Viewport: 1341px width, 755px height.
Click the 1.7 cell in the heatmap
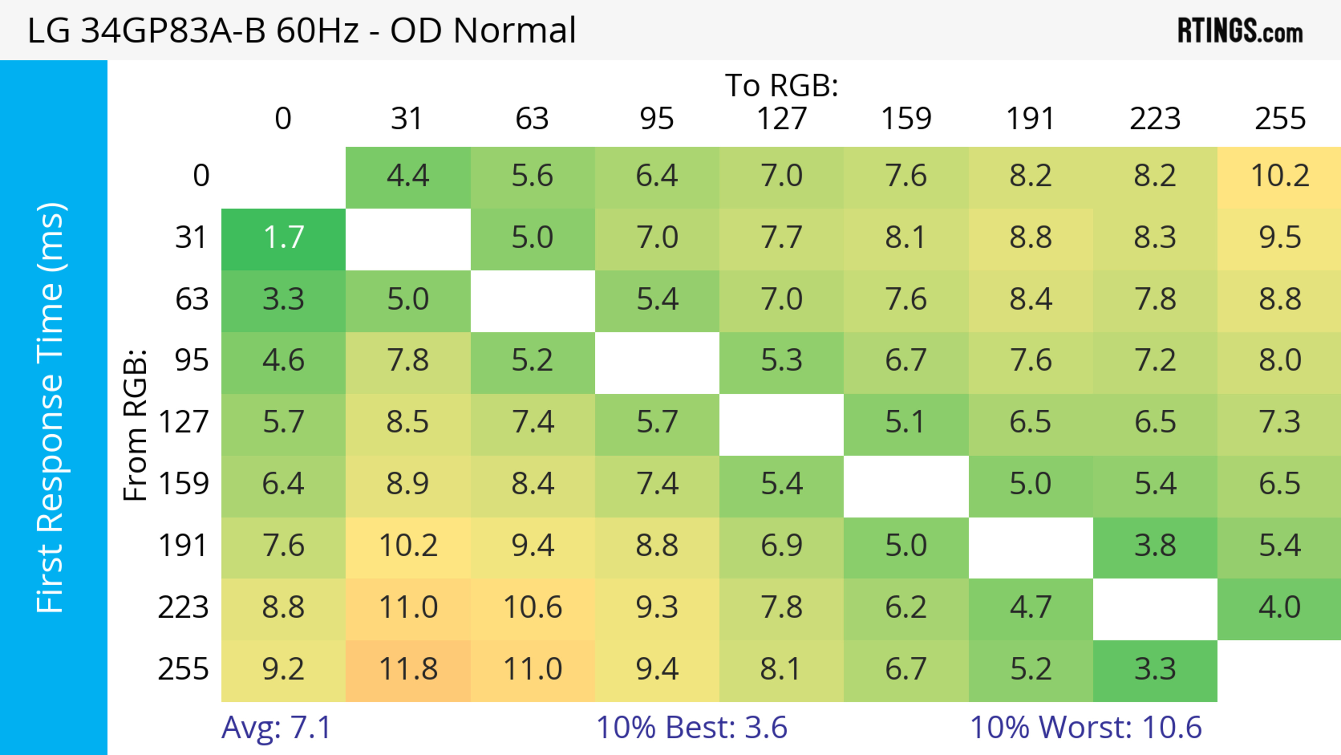[283, 238]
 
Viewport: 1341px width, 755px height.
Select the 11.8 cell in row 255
[408, 669]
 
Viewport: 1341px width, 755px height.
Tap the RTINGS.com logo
[1240, 31]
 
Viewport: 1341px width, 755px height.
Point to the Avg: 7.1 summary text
[276, 727]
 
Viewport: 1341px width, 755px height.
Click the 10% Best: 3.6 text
[691, 727]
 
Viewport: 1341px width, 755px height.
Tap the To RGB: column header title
[782, 85]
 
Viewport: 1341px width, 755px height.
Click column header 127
[782, 119]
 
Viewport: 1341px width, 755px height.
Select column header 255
[1280, 119]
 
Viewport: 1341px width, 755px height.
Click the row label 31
[191, 238]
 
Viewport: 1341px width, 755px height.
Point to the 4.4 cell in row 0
[408, 176]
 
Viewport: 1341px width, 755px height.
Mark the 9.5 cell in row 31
[1280, 238]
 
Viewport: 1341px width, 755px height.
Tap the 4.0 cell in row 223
[1280, 608]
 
